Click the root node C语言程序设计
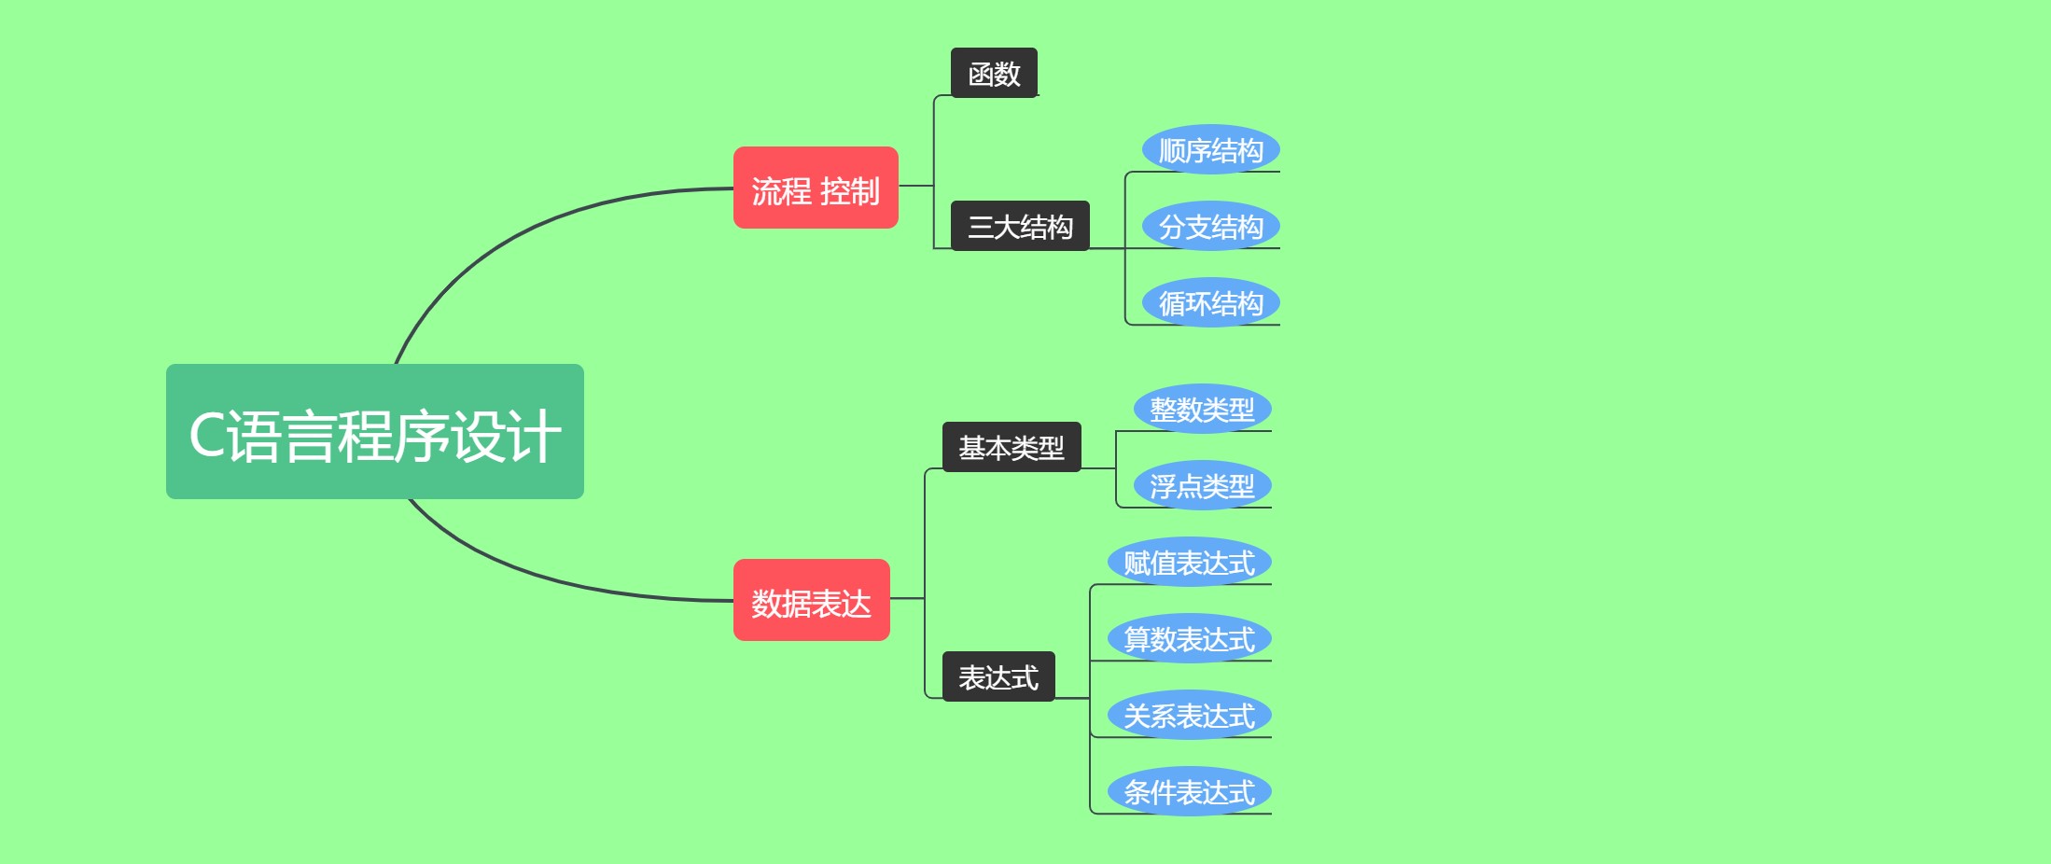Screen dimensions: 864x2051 pyautogui.click(x=374, y=431)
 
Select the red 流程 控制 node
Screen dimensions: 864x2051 pyautogui.click(x=815, y=188)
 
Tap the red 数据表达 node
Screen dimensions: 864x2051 pyautogui.click(x=811, y=600)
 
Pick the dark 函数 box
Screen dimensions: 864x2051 pyautogui.click(x=994, y=73)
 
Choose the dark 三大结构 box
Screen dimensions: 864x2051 pyautogui.click(x=1020, y=226)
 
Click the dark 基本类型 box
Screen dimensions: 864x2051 pyautogui.click(x=1012, y=447)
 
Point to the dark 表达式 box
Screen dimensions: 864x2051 pyautogui.click(x=998, y=676)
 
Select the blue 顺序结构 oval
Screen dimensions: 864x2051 pyautogui.click(x=1210, y=149)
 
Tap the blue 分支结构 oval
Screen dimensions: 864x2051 pyautogui.click(x=1210, y=226)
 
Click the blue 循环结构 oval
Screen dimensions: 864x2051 pyautogui.click(x=1210, y=302)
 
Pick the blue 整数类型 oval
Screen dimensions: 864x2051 pyautogui.click(x=1202, y=409)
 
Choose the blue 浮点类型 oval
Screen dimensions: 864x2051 pyautogui.click(x=1202, y=485)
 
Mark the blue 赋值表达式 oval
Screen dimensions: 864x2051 pyautogui.click(x=1189, y=562)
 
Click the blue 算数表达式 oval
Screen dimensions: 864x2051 pyautogui.click(x=1189, y=638)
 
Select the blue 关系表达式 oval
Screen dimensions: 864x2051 pyautogui.click(x=1189, y=715)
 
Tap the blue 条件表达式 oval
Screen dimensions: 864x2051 pyautogui.click(x=1189, y=791)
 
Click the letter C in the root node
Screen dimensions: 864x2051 pyautogui.click(x=206, y=435)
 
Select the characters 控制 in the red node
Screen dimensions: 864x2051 pyautogui.click(x=849, y=191)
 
